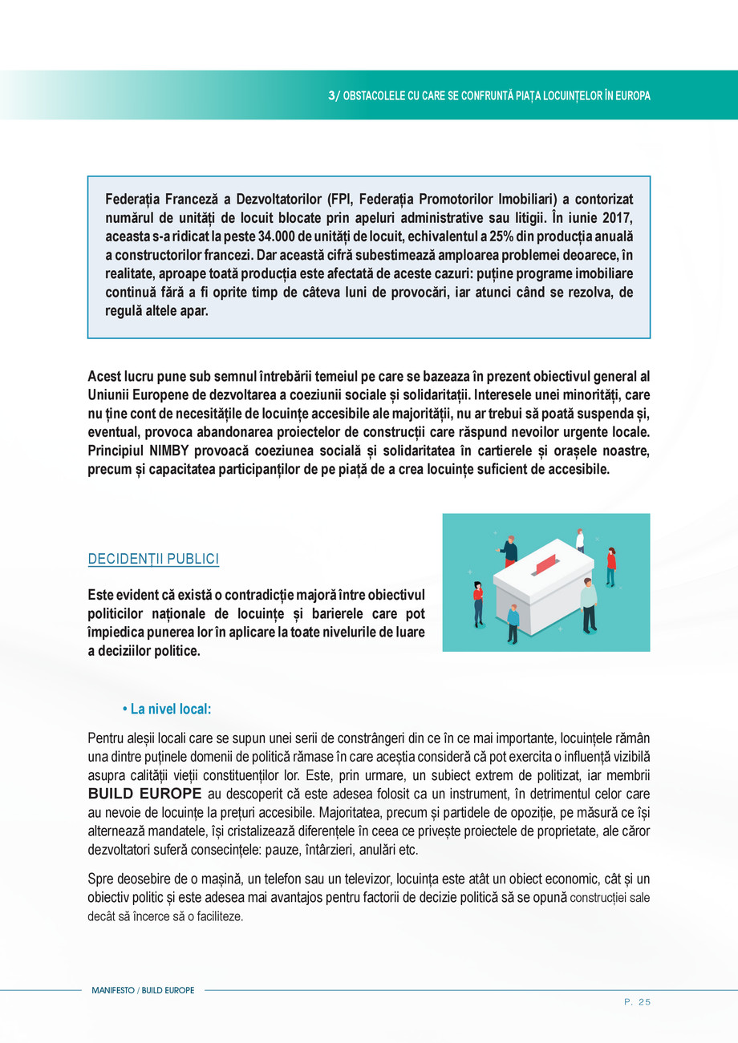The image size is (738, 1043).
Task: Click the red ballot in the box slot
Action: [x=545, y=564]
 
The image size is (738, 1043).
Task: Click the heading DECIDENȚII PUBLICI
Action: [x=153, y=559]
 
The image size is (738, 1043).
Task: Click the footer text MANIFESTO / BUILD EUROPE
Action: [x=143, y=991]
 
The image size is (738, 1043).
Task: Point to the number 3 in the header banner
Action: [x=332, y=95]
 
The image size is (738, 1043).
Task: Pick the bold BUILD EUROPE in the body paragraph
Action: [x=144, y=794]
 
